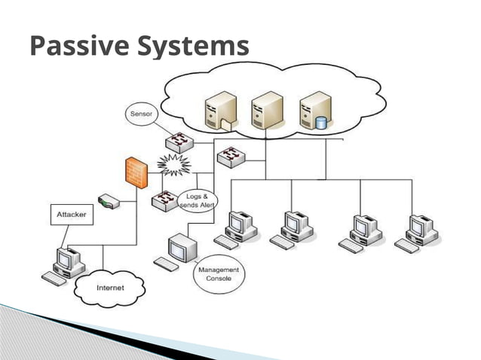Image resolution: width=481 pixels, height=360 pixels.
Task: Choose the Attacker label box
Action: [72, 215]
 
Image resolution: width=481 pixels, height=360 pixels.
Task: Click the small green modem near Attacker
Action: [111, 202]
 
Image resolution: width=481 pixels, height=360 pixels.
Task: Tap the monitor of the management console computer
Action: [184, 246]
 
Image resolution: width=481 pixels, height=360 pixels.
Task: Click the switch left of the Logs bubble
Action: [164, 200]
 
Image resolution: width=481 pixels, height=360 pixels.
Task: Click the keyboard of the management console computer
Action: [166, 264]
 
